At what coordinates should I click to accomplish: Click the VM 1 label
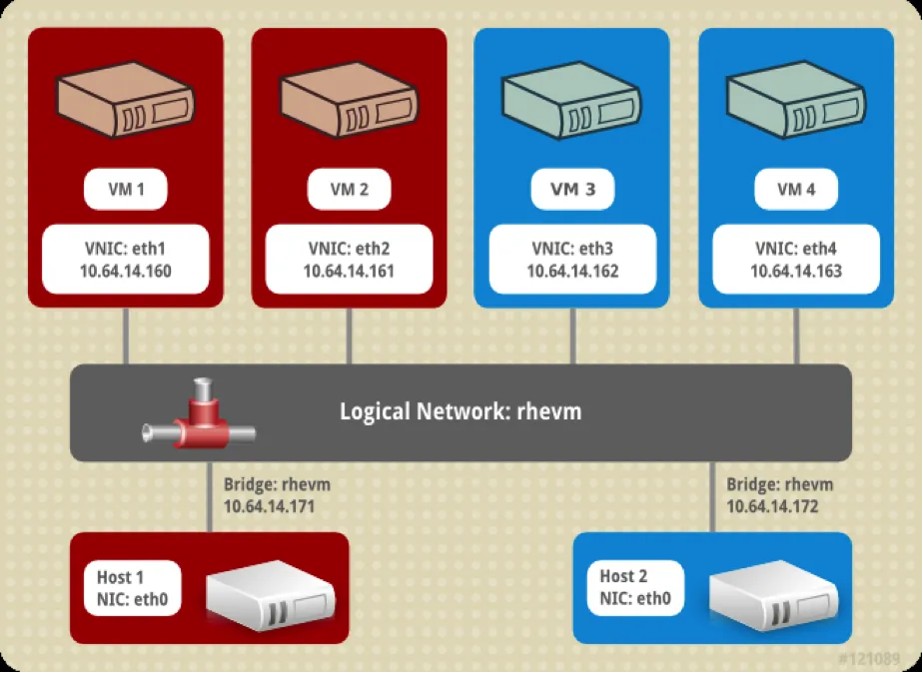coord(125,190)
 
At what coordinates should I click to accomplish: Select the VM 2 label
coord(349,190)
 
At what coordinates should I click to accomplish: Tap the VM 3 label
coord(572,190)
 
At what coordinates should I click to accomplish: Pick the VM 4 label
coord(796,190)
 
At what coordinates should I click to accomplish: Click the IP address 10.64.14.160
coord(125,271)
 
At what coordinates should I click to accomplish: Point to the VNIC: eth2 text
coord(349,250)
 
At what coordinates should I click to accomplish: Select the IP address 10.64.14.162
coord(572,271)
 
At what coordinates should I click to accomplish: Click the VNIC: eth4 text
coord(796,250)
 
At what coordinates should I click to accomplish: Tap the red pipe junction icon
coord(199,418)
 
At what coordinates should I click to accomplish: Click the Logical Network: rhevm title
coord(461,411)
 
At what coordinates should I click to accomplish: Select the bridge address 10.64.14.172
coord(772,506)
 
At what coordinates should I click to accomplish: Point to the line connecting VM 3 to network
coord(572,336)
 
